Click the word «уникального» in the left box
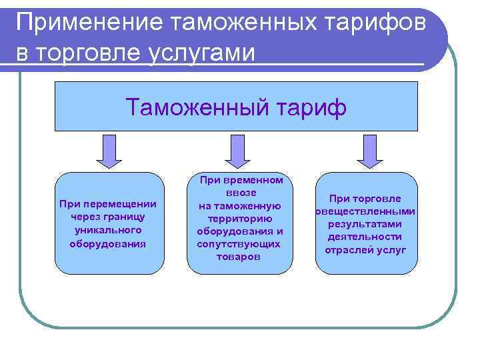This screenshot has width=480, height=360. pos(108,230)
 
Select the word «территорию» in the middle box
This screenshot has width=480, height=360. pos(240,219)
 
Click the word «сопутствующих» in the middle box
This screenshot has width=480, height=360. pos(240,244)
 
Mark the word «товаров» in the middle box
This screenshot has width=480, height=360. pos(239,257)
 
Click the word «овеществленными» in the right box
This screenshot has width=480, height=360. pos(365,211)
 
